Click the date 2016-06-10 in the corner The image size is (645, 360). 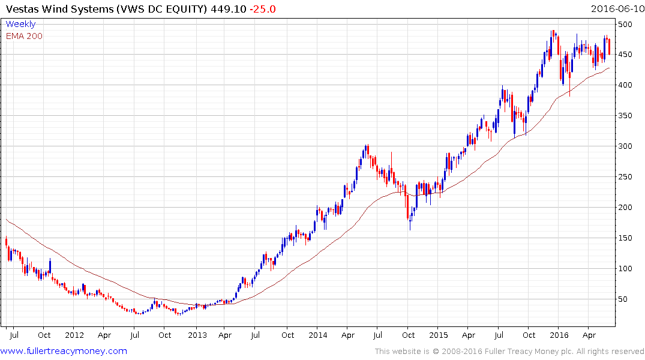(x=617, y=8)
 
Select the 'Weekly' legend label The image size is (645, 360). (x=20, y=24)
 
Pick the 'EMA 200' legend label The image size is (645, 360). (x=24, y=35)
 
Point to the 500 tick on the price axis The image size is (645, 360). (x=628, y=24)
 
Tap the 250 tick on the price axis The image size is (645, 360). (x=628, y=176)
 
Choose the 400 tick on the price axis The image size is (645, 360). (x=628, y=85)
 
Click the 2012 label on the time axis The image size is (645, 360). (x=74, y=334)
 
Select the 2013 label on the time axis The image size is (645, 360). (x=197, y=334)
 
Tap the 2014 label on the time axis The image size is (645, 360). (x=317, y=334)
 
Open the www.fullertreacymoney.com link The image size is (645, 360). (x=64, y=351)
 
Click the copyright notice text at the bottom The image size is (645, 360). (x=509, y=352)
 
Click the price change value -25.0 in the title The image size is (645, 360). (x=265, y=8)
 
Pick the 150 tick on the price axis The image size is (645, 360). (x=628, y=238)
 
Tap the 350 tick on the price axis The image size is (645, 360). (x=628, y=116)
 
